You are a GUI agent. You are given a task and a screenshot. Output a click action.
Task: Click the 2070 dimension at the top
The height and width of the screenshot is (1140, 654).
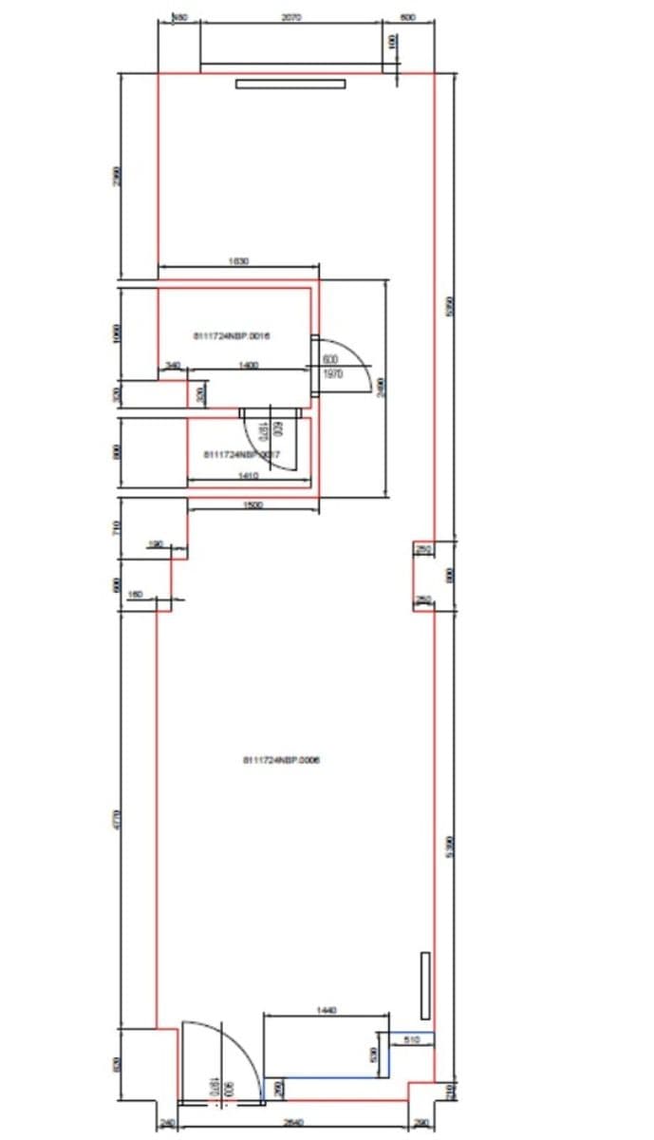click(292, 17)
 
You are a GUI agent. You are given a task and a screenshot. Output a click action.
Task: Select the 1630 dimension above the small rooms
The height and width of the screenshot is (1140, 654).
click(238, 260)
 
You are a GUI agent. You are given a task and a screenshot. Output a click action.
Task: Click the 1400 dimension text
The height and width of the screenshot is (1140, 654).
click(249, 365)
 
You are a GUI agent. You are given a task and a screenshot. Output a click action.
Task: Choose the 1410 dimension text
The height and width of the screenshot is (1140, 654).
click(250, 475)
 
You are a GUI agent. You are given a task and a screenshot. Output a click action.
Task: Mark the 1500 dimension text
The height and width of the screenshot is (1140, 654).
click(253, 505)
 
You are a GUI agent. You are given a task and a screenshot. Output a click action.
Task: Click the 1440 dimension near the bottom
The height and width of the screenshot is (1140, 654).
click(327, 1011)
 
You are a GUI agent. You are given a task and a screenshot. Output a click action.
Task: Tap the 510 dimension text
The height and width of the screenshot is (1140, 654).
click(412, 1041)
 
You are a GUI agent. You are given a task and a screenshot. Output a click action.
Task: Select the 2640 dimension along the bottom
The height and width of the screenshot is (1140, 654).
click(293, 1123)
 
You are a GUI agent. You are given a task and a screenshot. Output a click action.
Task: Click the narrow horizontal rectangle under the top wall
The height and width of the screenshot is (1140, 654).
click(290, 84)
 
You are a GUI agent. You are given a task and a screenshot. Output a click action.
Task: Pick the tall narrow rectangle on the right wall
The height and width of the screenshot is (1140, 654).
click(425, 985)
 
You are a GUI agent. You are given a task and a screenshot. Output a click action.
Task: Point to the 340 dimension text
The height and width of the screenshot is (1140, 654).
click(173, 365)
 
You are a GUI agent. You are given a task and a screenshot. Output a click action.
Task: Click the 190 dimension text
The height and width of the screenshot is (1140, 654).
click(157, 544)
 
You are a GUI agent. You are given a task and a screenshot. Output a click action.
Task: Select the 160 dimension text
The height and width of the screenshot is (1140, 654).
click(135, 595)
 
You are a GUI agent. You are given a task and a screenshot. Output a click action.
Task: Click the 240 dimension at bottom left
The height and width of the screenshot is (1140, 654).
click(167, 1123)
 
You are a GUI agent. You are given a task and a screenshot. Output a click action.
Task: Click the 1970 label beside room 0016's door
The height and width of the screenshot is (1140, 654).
click(331, 375)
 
